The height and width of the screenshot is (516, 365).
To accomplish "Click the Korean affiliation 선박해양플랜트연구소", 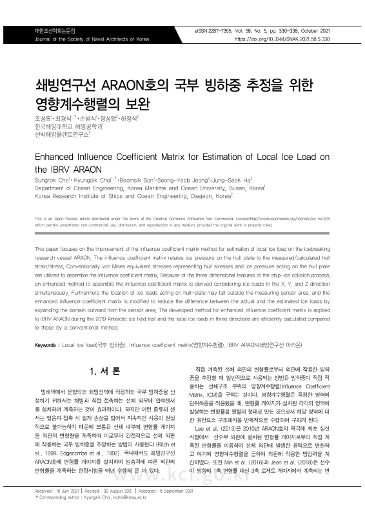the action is pos(60,135).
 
